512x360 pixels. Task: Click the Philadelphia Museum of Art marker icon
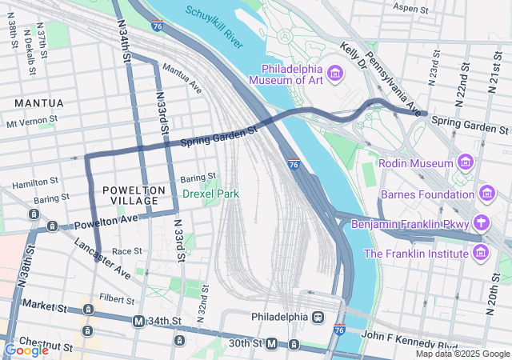coord(335,74)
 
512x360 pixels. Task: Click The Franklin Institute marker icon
coord(481,253)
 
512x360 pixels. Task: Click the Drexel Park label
coord(210,194)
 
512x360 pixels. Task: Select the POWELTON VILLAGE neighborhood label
coord(134,195)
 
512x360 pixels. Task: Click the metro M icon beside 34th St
coord(139,321)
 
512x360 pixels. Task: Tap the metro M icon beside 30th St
coord(272,343)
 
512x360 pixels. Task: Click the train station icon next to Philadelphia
coord(318,317)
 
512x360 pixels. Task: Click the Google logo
coord(26,350)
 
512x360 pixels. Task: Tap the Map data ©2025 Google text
coord(462,354)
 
